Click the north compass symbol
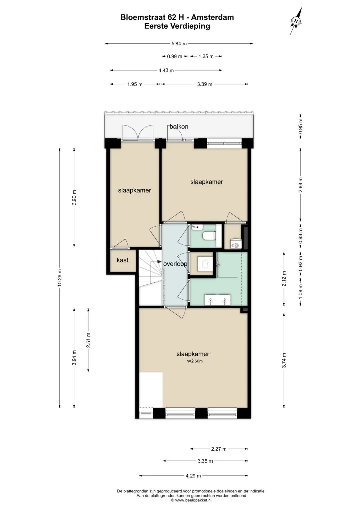(296, 21)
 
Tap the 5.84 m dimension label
(179, 44)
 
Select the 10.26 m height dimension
(60, 277)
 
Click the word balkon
(179, 127)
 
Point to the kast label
(123, 260)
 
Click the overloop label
(175, 264)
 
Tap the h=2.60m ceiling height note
(195, 361)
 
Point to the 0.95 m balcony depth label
(300, 126)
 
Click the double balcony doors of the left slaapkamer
(138, 133)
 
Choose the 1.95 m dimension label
(135, 84)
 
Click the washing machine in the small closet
(235, 244)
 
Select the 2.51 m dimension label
(88, 340)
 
